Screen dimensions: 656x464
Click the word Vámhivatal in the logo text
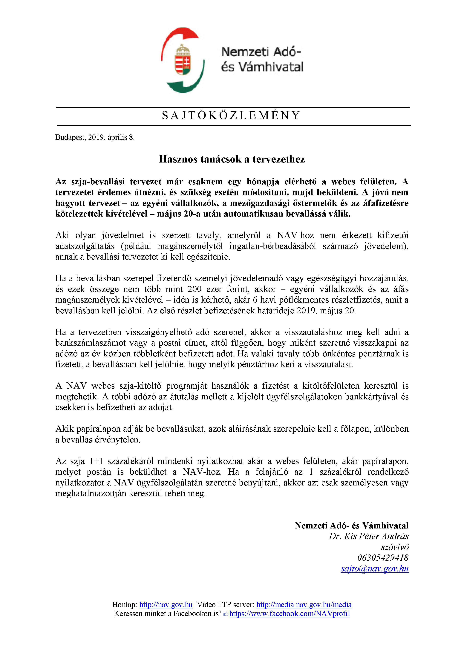(x=271, y=67)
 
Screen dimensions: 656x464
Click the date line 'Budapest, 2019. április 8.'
(x=95, y=137)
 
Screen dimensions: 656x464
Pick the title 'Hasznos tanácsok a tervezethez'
(x=232, y=159)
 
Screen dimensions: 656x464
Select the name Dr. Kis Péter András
(x=369, y=536)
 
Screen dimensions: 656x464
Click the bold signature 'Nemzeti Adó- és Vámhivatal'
(x=351, y=525)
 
